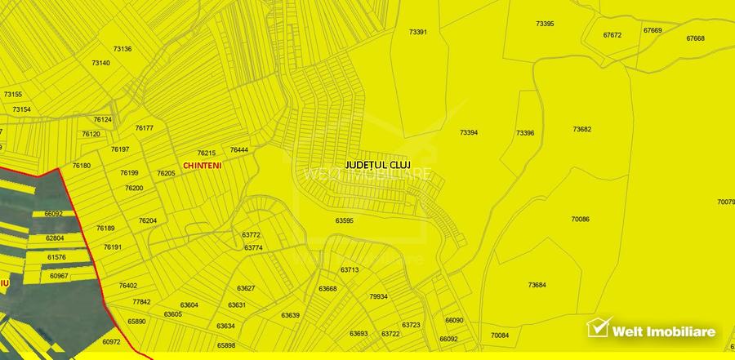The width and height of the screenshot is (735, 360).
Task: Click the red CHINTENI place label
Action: pyautogui.click(x=202, y=165)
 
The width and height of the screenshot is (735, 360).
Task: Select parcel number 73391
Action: pyautogui.click(x=418, y=32)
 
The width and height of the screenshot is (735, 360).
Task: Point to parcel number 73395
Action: pyautogui.click(x=545, y=24)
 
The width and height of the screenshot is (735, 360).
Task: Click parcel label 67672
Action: pyautogui.click(x=612, y=35)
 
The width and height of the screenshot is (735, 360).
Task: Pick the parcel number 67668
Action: pyautogui.click(x=695, y=38)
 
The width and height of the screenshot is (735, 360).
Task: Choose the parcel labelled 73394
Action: pyautogui.click(x=469, y=132)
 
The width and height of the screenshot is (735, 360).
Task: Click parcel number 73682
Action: pyautogui.click(x=582, y=129)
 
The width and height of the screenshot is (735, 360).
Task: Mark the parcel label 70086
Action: pyautogui.click(x=581, y=219)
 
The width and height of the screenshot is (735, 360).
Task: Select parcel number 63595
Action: pyautogui.click(x=345, y=220)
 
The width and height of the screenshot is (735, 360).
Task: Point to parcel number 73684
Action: pyautogui.click(x=537, y=285)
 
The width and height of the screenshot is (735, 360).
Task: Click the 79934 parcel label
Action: pyautogui.click(x=378, y=296)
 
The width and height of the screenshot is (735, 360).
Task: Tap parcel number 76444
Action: pyautogui.click(x=239, y=149)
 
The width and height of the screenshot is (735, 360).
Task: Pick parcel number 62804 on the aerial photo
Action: pyautogui.click(x=55, y=238)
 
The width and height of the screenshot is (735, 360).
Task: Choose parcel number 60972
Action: pyautogui.click(x=111, y=341)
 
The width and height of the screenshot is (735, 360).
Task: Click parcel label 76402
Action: pyautogui.click(x=128, y=285)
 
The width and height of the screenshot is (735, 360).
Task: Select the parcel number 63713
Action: pyautogui.click(x=350, y=269)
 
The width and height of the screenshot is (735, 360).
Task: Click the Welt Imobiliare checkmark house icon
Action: pyautogui.click(x=600, y=327)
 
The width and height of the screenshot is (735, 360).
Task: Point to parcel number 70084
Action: pyautogui.click(x=500, y=336)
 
